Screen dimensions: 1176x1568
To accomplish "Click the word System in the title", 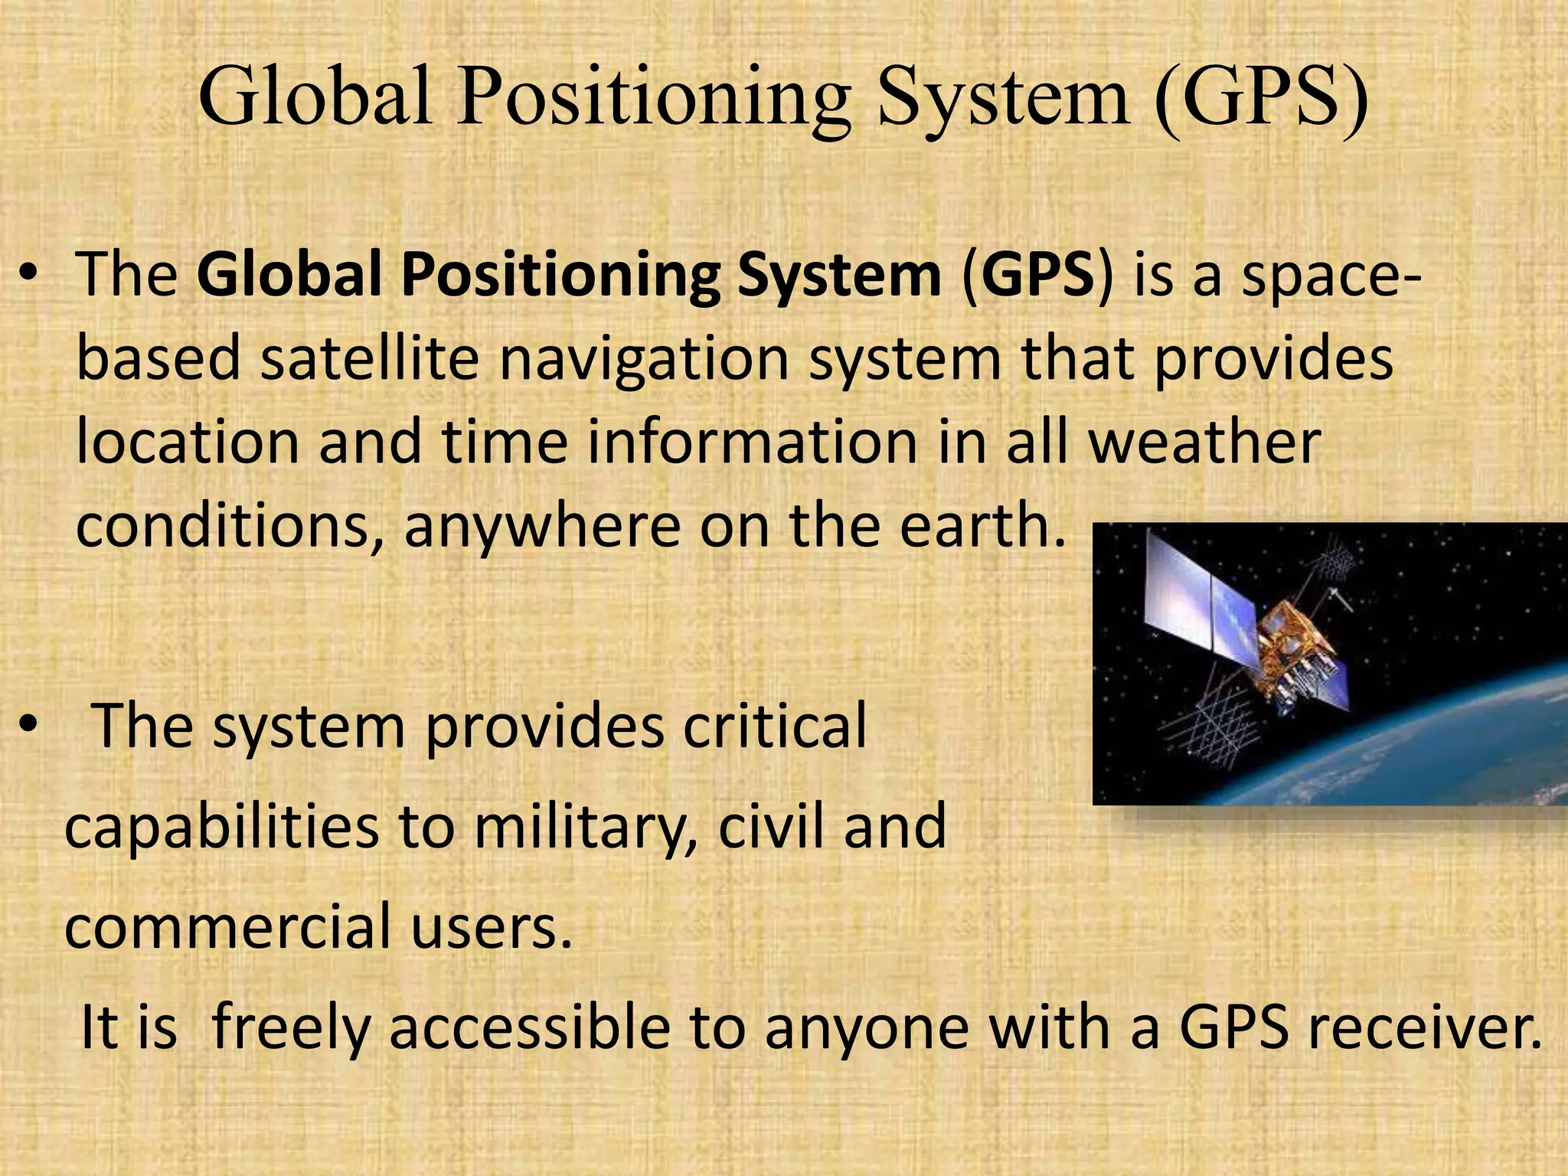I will (1003, 98).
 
